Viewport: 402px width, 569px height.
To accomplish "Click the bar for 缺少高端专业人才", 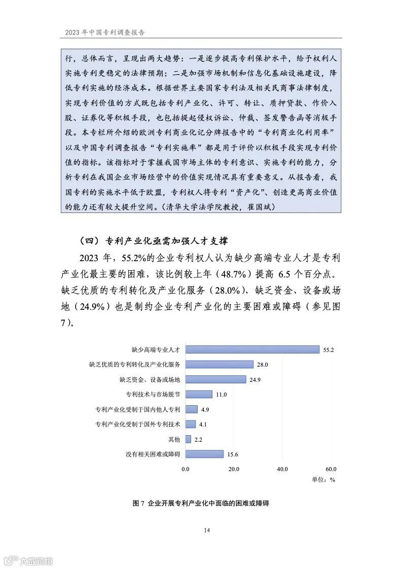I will click(252, 349).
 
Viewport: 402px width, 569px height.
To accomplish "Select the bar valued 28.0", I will click(220, 364).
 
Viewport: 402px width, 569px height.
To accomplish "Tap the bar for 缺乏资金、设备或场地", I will click(215, 379).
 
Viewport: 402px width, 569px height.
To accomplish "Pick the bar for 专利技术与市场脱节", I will click(199, 394).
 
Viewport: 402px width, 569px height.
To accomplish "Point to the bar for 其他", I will click(188, 439).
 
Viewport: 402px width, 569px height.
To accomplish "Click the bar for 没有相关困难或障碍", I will click(204, 454).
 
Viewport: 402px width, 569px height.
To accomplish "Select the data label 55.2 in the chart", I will click(330, 349).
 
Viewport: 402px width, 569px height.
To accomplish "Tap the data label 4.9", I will click(205, 409).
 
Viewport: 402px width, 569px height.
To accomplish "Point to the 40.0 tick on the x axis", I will click(282, 469).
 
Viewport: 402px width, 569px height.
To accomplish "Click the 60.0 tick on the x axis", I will click(331, 469).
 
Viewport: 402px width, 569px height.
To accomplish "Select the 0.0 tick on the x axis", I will click(186, 469).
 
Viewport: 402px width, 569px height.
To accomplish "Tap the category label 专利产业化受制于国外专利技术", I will click(138, 424).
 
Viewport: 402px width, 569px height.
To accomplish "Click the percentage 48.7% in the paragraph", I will click(232, 274).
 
